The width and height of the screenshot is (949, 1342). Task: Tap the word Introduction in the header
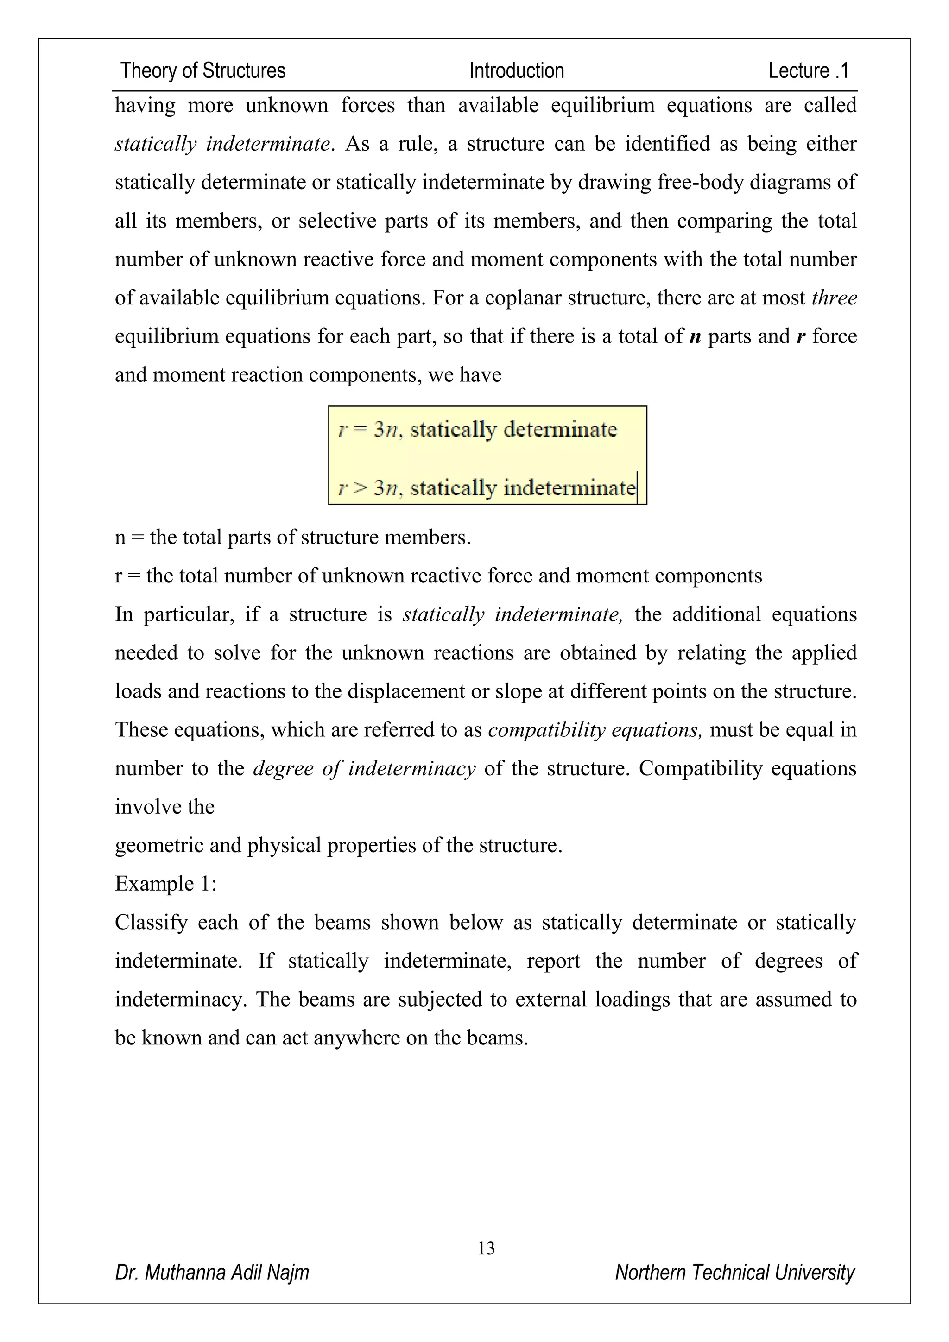tap(517, 71)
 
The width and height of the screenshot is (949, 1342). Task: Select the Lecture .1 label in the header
tap(808, 71)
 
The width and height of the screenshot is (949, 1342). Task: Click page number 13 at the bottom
tap(486, 1248)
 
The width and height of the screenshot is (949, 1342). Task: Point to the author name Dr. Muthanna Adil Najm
tap(212, 1272)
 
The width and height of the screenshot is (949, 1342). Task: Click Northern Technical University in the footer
tap(734, 1272)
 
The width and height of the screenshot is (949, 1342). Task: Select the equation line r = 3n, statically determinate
tap(477, 430)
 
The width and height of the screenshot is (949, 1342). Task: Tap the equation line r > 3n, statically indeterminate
tap(487, 487)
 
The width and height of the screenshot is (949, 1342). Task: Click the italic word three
tap(834, 298)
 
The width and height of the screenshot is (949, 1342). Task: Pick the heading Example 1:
tap(165, 884)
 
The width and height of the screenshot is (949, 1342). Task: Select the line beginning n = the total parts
tap(292, 537)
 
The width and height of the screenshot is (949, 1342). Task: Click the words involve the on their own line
tap(164, 807)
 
